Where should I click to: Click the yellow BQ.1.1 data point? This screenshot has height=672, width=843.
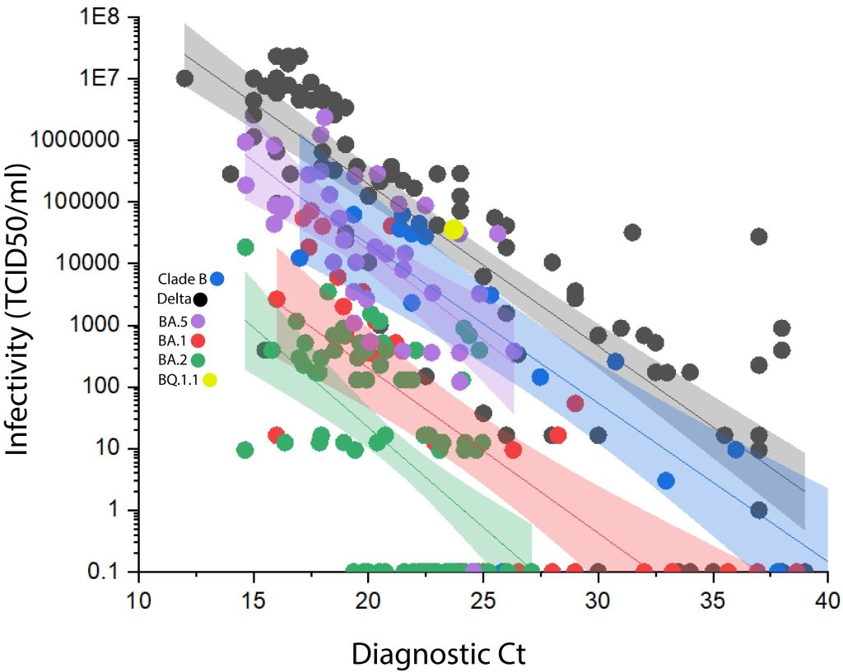point(453,229)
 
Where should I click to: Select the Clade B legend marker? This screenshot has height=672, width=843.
point(217,279)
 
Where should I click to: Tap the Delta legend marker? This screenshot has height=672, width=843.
point(200,299)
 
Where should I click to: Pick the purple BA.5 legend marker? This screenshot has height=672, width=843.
point(198,320)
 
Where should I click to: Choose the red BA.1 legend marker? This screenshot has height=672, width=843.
point(198,340)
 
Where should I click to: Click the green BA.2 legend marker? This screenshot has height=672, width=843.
point(198,359)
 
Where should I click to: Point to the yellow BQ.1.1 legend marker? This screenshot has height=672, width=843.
point(211,379)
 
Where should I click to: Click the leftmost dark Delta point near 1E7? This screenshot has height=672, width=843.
point(185,78)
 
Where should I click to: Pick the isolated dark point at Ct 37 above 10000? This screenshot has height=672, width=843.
point(758,237)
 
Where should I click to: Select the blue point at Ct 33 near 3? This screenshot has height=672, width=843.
point(666,480)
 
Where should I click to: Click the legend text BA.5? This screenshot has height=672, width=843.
point(172,320)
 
